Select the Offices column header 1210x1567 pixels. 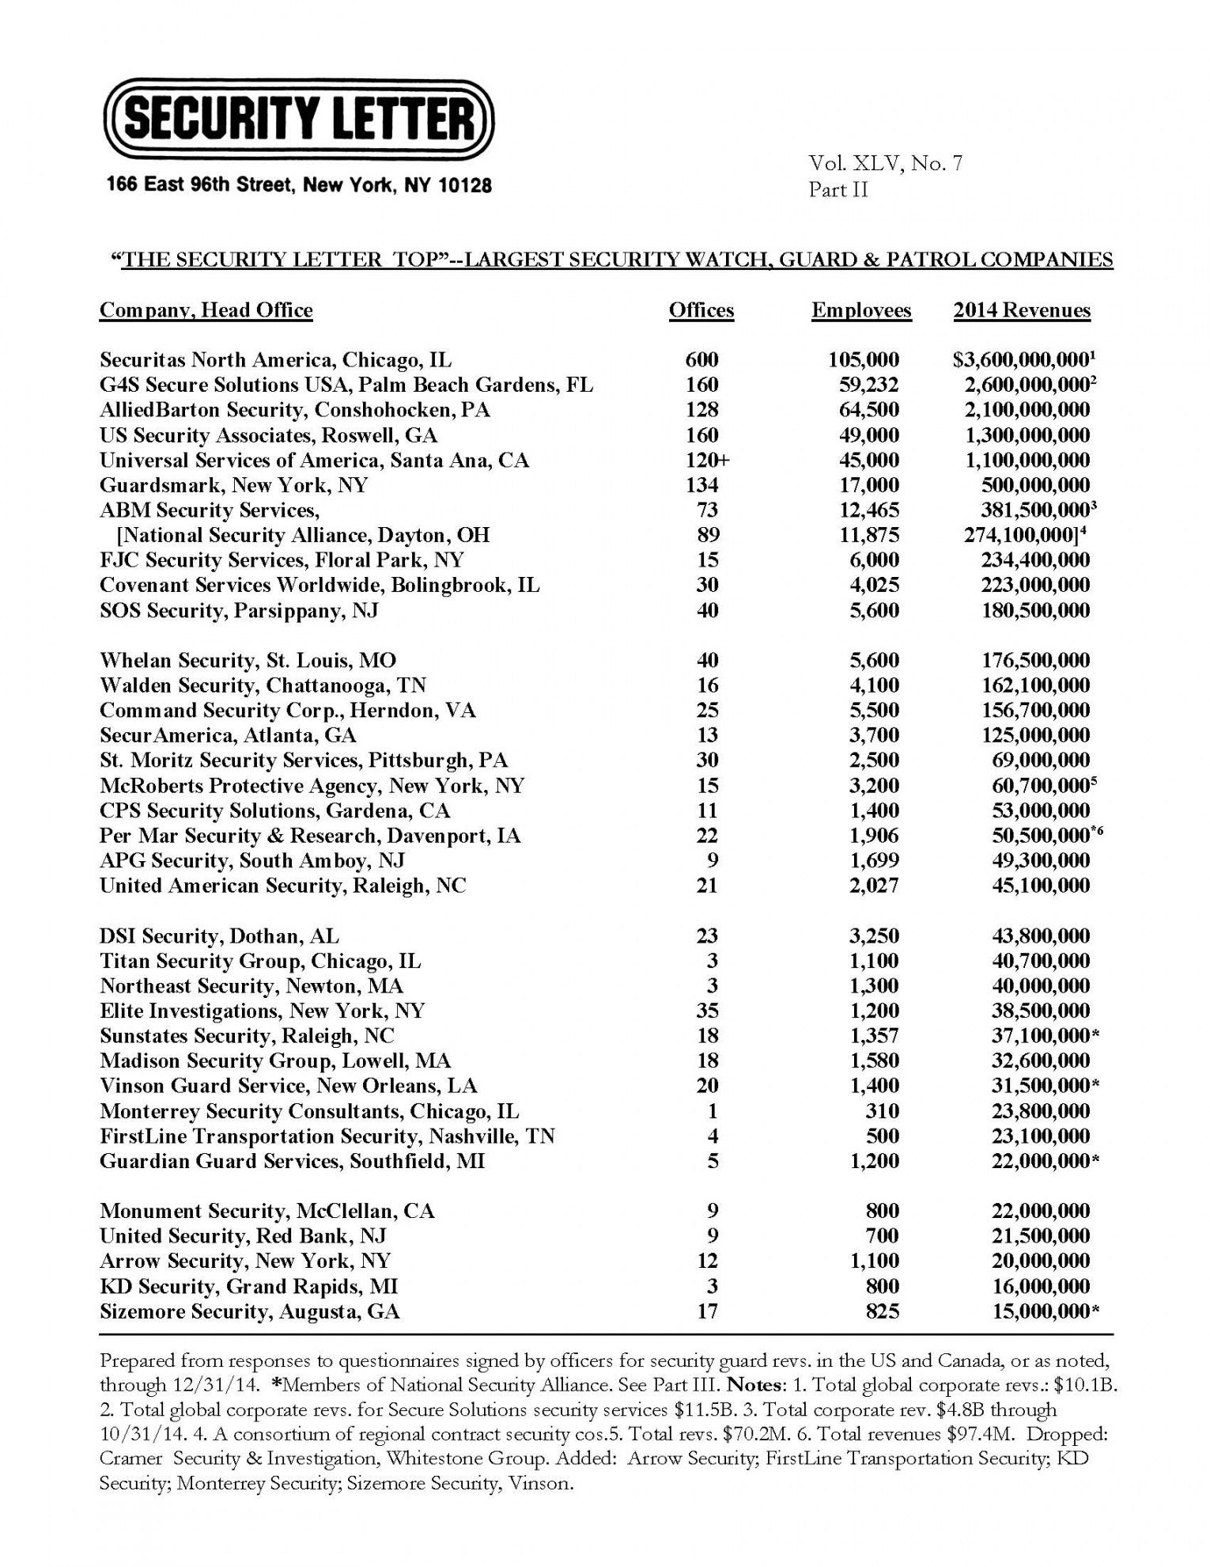pos(701,310)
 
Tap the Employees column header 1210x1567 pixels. pos(861,310)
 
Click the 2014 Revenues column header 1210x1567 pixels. pos(1022,310)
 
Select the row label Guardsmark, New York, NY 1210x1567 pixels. pos(234,485)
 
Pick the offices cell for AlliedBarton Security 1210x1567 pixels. pos(701,410)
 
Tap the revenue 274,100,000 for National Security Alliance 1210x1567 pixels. pos(1024,535)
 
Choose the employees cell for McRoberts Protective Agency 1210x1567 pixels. pos(874,786)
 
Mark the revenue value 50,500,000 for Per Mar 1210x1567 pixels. pos(1041,836)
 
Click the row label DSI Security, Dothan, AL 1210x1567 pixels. pos(219,936)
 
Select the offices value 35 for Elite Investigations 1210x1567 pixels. pos(707,1011)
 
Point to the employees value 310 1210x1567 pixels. pos(882,1111)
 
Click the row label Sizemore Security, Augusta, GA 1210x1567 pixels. pos(250,1312)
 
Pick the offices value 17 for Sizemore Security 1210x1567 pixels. pos(707,1312)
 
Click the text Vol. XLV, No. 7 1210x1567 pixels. pos(885,164)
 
